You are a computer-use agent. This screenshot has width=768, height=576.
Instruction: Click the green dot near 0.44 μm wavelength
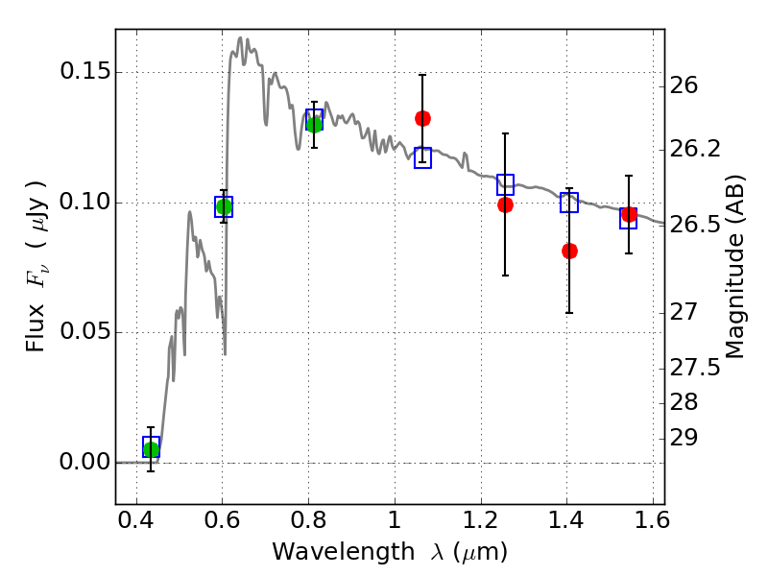[x=152, y=449]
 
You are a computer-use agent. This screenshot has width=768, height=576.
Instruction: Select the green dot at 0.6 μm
[x=224, y=206]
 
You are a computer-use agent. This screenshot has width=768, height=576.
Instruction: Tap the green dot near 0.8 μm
[x=315, y=125]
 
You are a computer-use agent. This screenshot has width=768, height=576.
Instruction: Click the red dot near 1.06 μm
[x=422, y=118]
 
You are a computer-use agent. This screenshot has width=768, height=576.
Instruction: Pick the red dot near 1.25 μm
[x=506, y=204]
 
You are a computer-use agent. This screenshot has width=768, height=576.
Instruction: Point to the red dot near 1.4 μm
[x=569, y=252]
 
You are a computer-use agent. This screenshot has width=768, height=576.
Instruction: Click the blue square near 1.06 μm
[x=422, y=157]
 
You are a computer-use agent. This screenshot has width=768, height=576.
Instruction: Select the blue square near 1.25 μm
[x=506, y=184]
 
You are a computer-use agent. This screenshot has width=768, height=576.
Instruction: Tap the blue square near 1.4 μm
[x=569, y=203]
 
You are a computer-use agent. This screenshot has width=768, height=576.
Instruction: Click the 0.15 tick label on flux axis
[x=84, y=71]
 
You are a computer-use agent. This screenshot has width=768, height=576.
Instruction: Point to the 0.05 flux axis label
[x=84, y=331]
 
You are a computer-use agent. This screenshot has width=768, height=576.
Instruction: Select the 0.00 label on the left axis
[x=84, y=462]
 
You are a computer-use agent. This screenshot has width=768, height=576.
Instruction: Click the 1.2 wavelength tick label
[x=481, y=520]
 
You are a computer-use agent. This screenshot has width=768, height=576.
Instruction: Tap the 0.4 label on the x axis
[x=136, y=520]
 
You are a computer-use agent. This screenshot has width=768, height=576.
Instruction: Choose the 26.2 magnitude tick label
[x=695, y=149]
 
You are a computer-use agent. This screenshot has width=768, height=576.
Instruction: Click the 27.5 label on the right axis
[x=695, y=368]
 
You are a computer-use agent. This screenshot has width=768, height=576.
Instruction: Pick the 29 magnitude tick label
[x=684, y=438]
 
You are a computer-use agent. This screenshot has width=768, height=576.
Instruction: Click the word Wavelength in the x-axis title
[x=344, y=552]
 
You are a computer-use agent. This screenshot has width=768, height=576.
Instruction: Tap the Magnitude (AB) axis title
[x=733, y=267]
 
